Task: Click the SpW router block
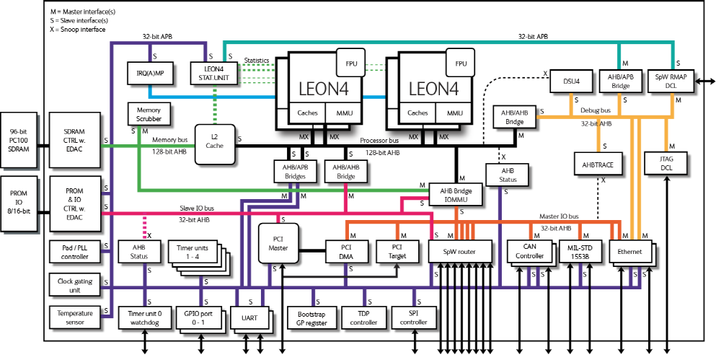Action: click(x=459, y=252)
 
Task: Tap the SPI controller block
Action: click(x=414, y=318)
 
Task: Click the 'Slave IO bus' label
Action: click(x=200, y=209)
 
